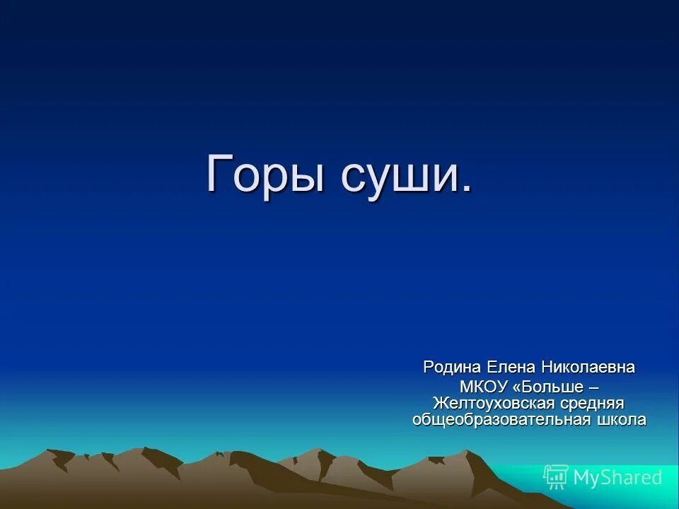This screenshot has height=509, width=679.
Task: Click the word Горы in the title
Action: click(265, 174)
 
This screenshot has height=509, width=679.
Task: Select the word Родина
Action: click(452, 368)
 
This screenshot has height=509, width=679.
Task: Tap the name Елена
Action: click(511, 368)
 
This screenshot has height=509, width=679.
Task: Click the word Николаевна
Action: click(588, 368)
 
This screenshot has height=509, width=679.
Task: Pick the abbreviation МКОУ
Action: click(483, 387)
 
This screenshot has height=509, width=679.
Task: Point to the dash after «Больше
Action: click(593, 387)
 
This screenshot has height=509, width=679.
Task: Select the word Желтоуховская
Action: click(489, 403)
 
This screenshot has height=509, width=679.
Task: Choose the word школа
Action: click(620, 419)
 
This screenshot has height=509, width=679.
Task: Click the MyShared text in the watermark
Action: click(617, 477)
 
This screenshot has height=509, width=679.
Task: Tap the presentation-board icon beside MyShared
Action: click(556, 477)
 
